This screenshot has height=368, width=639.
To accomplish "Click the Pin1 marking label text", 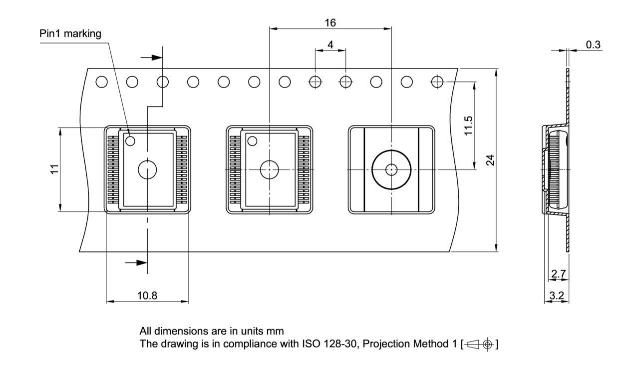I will (x=70, y=34).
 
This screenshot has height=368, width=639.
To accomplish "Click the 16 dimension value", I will (x=330, y=22).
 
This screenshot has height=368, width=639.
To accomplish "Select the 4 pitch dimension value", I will (x=330, y=44).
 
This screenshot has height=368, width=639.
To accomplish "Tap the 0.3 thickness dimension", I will (x=593, y=44).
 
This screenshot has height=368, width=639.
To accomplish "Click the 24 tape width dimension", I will (x=491, y=160).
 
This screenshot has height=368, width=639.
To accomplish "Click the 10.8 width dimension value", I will (x=147, y=295).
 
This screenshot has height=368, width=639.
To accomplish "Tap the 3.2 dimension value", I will (x=557, y=295).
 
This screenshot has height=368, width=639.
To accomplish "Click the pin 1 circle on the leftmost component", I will (x=130, y=141).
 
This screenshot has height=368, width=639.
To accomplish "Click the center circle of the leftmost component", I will (x=147, y=169).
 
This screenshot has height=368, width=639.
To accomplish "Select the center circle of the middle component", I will (x=270, y=169).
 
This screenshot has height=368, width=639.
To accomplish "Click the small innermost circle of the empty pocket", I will (x=391, y=169).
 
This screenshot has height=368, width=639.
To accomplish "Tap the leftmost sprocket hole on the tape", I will (x=101, y=81).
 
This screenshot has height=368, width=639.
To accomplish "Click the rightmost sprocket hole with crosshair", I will (x=437, y=81).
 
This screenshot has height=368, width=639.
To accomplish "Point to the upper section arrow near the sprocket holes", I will (x=151, y=58).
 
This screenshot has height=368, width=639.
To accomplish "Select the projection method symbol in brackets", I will (x=480, y=344).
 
